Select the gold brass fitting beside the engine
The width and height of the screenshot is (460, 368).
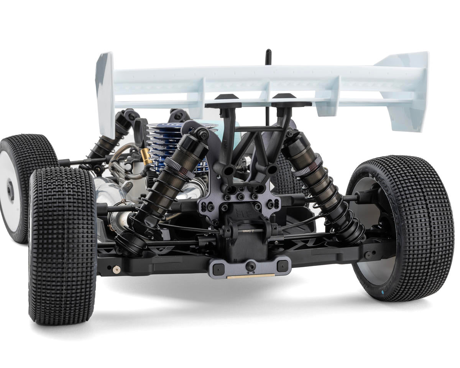click(146, 156)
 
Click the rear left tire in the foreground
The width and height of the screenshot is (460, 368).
click(63, 245)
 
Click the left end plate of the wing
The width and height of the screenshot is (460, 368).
click(105, 92)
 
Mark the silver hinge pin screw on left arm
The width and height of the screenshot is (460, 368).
click(116, 269)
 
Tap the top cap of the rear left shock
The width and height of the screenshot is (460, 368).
click(201, 134)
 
